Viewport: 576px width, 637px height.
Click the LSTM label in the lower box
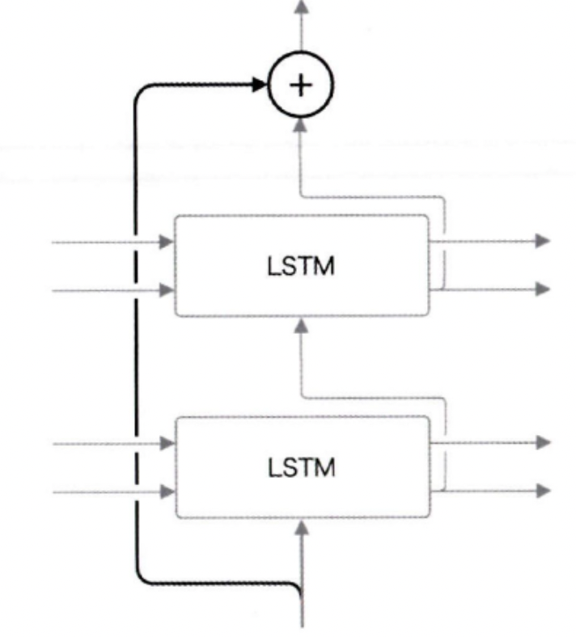[x=301, y=468]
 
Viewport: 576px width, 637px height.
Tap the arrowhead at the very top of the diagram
[x=302, y=6]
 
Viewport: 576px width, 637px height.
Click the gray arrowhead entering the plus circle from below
[x=302, y=124]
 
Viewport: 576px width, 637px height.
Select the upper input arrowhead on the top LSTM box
[x=167, y=241]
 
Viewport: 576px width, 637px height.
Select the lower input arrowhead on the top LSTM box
[x=167, y=289]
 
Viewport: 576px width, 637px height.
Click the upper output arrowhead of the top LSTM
[x=544, y=241]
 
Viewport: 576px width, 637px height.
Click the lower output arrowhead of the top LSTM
[x=544, y=289]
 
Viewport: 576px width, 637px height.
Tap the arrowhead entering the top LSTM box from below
[x=302, y=326]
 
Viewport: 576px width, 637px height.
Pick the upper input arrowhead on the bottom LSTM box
[x=167, y=443]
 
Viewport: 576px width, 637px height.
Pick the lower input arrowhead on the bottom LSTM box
[x=167, y=490]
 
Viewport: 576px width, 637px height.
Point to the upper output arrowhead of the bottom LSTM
[x=544, y=443]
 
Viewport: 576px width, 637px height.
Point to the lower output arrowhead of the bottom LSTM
[x=544, y=490]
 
